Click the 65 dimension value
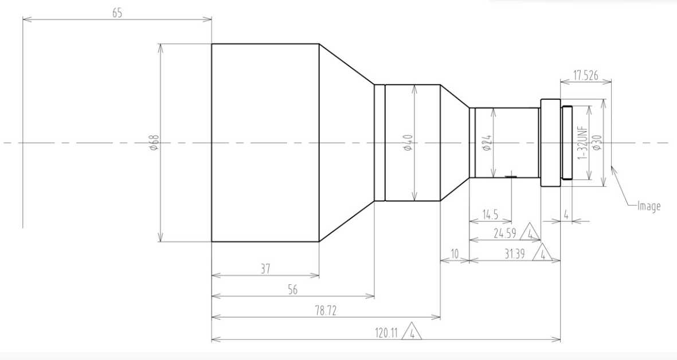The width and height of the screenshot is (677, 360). tap(118, 13)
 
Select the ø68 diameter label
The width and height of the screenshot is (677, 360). tap(154, 142)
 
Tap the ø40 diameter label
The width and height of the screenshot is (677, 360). tap(408, 142)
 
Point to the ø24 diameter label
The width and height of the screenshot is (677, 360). tap(487, 142)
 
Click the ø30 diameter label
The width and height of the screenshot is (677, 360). tap(597, 142)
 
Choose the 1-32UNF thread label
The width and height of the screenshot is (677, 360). tap(582, 142)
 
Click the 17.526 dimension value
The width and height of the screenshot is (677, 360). tap(586, 76)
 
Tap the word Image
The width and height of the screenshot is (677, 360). tap(649, 206)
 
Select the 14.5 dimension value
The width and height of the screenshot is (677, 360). tap(490, 214)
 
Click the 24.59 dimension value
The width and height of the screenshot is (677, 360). tap(504, 233)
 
